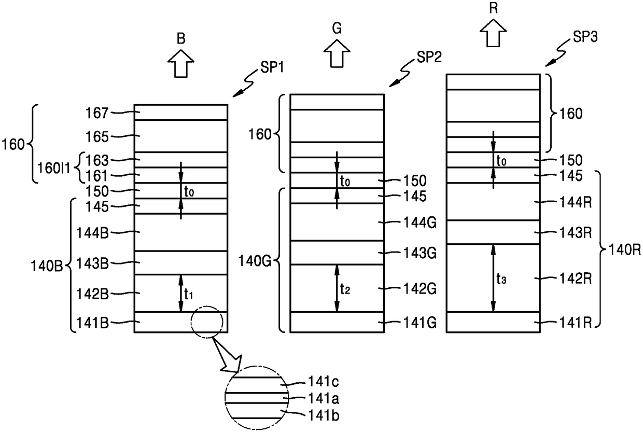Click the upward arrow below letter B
[x=181, y=63]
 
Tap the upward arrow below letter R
[x=493, y=33]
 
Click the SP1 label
[x=272, y=68]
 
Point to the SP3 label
[x=585, y=37]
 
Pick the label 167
[x=97, y=113]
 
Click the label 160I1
[x=54, y=169]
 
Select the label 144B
[x=92, y=233]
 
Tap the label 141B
[x=92, y=323]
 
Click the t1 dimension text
[x=189, y=294]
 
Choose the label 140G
[x=255, y=261]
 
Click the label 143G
[x=420, y=253]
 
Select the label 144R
[x=576, y=203]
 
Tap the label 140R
[x=625, y=250]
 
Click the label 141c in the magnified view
[x=324, y=382]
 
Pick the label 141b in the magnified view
[x=324, y=415]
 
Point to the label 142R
[x=576, y=278]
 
